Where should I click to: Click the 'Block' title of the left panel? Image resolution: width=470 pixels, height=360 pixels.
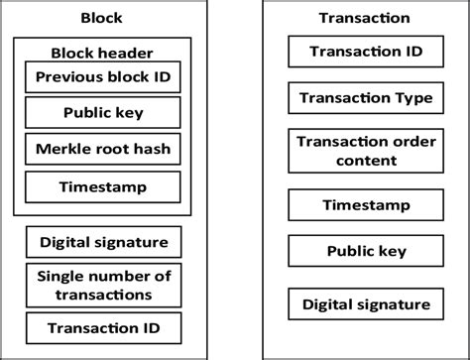(102, 18)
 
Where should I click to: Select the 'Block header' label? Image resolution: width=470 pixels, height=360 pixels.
(102, 52)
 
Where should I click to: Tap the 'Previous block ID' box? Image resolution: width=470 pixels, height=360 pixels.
(103, 76)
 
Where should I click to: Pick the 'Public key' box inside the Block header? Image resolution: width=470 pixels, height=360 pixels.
(103, 112)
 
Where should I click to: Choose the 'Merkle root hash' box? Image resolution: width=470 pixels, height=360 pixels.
(103, 149)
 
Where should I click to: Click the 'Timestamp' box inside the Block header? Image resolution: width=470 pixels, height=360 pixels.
(103, 185)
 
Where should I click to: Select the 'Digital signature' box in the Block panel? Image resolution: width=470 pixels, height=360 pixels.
(103, 241)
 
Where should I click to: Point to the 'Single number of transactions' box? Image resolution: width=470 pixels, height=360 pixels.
(103, 286)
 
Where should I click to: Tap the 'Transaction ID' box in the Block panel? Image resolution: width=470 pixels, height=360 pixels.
(103, 326)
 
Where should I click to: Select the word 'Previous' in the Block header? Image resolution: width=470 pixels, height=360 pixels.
(65, 76)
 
